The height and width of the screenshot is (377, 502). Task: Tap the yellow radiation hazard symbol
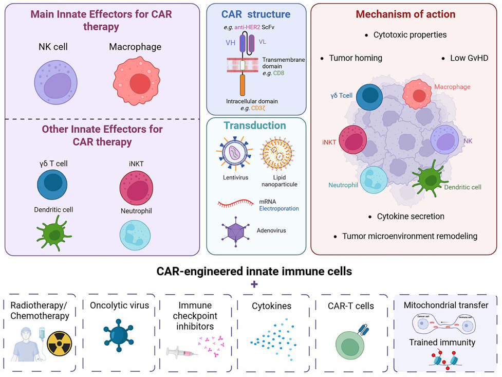(58, 344)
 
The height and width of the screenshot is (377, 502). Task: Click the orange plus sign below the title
(251, 284)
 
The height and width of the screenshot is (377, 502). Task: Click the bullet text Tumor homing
(355, 58)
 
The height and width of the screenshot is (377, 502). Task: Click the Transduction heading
(254, 125)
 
